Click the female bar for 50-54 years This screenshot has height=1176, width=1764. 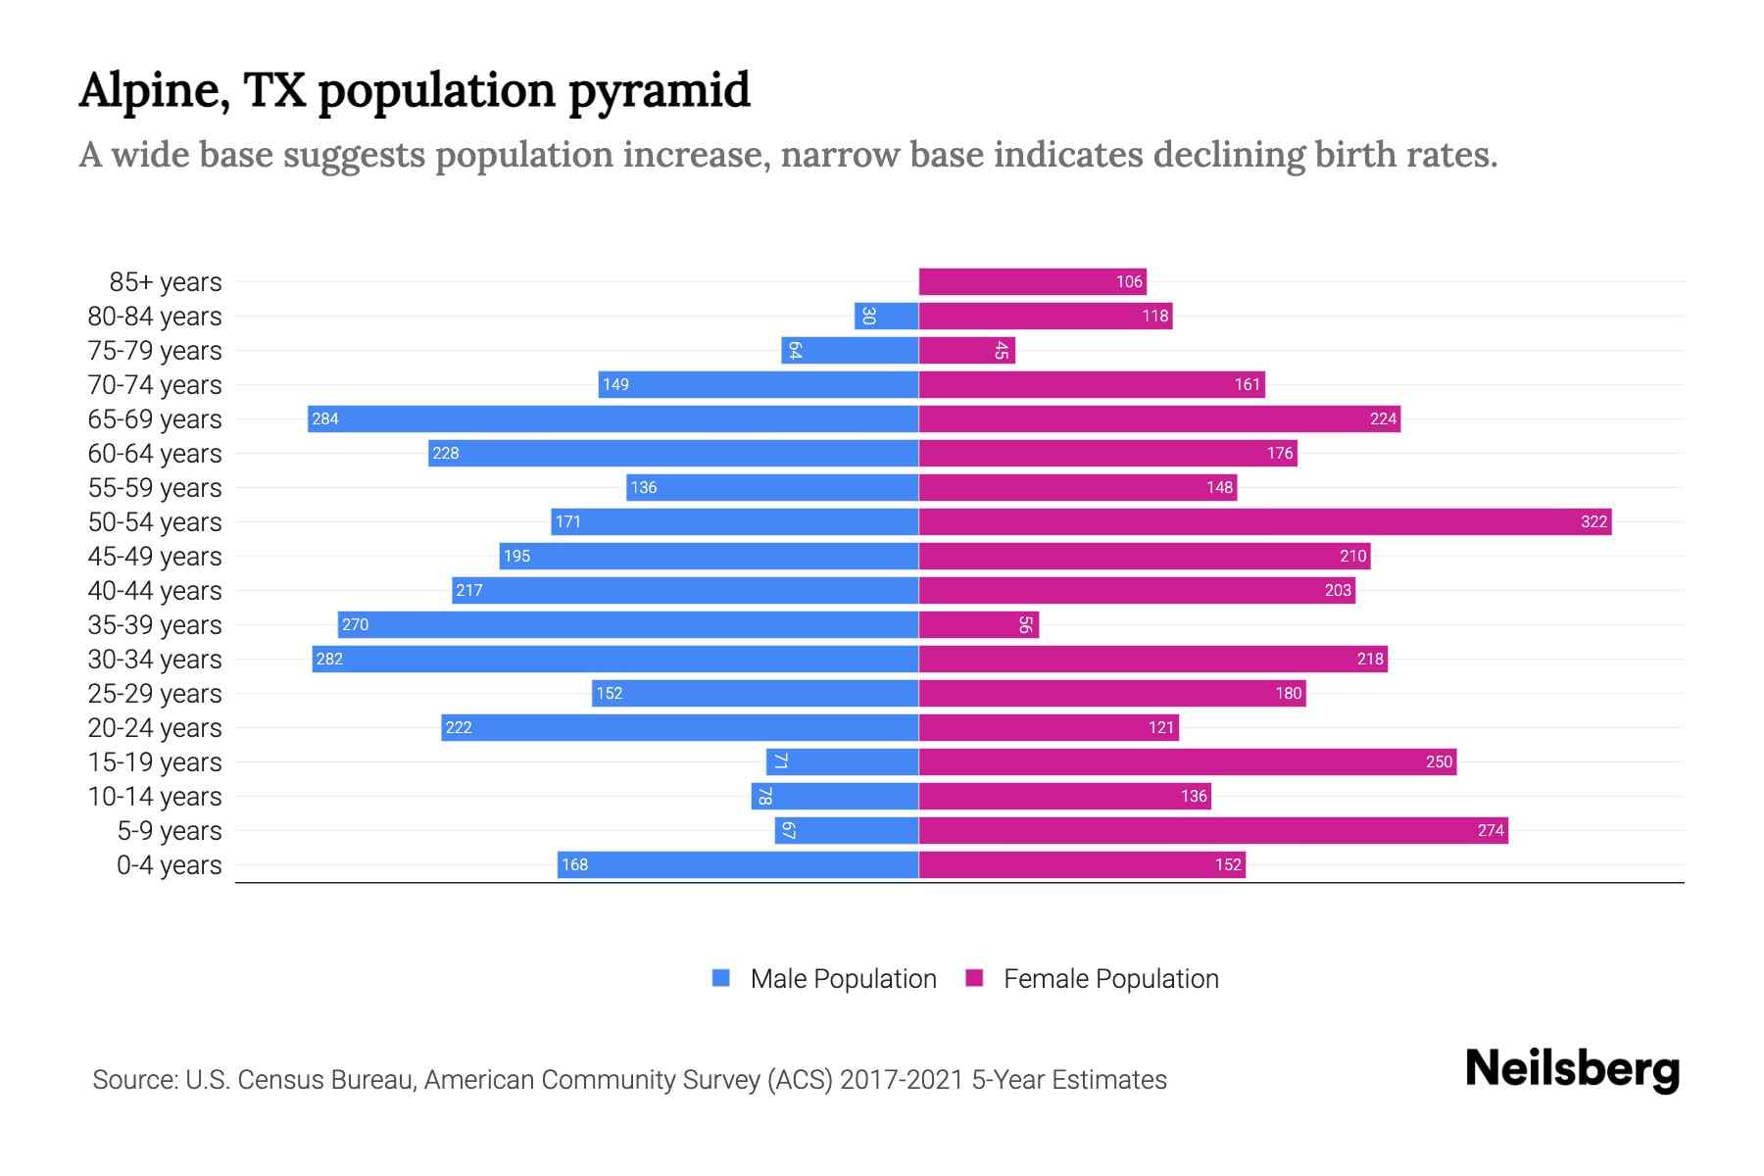click(1264, 521)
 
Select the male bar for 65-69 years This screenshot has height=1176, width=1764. click(612, 418)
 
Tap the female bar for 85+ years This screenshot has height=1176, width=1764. click(1032, 281)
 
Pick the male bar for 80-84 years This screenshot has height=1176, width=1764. click(886, 316)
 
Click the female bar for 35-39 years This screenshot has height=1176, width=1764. click(978, 624)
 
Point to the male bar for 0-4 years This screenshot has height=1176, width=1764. click(737, 864)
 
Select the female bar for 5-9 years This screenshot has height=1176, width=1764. click(1212, 830)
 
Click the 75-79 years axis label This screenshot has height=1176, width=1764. click(155, 351)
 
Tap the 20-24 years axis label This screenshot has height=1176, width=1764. click(155, 728)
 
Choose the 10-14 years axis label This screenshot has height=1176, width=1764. click(155, 797)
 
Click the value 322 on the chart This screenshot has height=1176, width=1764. click(1593, 521)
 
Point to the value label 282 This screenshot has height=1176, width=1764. click(329, 659)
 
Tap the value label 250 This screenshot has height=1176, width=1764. click(1438, 761)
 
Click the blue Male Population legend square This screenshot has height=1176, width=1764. click(721, 978)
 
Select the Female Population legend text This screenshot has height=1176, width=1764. click(1110, 978)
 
